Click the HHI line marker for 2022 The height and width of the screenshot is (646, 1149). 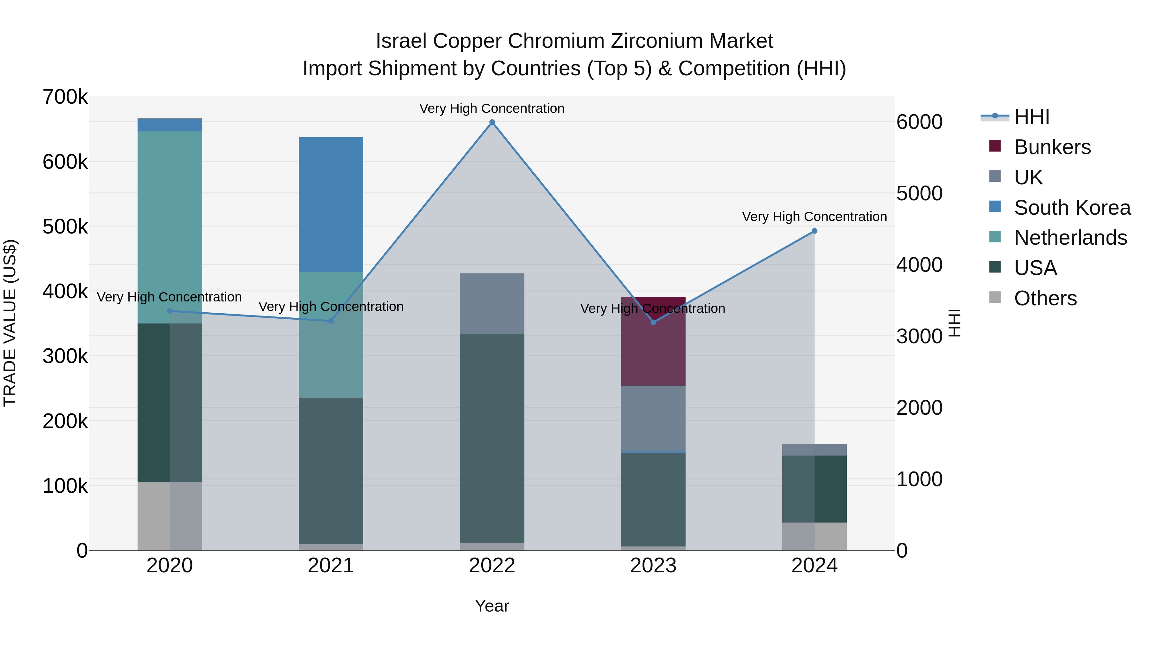[492, 122]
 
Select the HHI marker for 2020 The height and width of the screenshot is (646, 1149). [169, 311]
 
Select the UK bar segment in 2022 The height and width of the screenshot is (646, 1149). [492, 303]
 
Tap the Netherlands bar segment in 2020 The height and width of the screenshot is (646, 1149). [169, 223]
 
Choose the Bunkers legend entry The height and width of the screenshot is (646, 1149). [1052, 147]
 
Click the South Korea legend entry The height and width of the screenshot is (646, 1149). [1072, 208]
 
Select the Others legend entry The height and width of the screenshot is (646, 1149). [1045, 298]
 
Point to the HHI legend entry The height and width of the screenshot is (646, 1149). [1031, 117]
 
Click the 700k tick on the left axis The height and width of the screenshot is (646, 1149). [65, 97]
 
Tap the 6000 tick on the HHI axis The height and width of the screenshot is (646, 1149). [919, 122]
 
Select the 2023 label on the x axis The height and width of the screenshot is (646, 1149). [653, 566]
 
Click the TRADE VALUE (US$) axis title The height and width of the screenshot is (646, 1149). [10, 323]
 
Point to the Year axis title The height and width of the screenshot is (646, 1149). [492, 606]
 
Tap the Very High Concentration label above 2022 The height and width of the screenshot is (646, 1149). [492, 108]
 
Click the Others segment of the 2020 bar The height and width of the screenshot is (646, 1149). [169, 516]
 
